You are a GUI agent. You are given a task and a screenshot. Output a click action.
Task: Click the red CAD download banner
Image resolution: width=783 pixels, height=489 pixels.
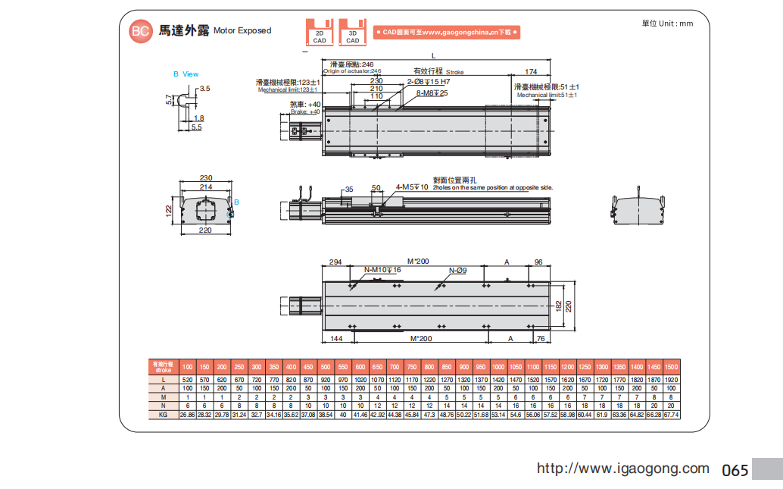(446, 33)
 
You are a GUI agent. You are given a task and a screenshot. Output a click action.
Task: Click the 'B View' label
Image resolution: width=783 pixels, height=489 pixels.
(186, 74)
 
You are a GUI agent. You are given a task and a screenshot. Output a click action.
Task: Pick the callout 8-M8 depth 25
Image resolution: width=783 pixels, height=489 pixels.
(432, 93)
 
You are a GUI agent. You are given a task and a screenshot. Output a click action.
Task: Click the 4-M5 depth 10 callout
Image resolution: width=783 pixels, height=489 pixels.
(412, 187)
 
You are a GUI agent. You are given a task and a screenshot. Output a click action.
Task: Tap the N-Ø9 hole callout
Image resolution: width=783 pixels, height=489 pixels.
(457, 271)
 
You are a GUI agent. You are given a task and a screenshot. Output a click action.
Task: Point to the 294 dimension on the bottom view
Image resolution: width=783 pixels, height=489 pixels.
(335, 262)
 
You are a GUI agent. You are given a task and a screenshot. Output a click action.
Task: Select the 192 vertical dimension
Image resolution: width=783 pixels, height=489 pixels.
(559, 305)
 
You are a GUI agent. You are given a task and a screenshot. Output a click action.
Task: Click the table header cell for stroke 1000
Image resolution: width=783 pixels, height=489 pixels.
(498, 367)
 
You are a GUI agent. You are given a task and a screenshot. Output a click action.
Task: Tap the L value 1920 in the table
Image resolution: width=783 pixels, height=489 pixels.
(671, 379)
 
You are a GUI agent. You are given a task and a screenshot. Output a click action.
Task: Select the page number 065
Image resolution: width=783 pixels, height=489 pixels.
(735, 470)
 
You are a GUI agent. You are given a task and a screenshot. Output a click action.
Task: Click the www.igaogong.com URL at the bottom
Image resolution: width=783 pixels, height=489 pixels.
(622, 469)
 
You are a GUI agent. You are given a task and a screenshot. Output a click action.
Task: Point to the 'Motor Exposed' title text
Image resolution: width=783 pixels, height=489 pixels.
(242, 31)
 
